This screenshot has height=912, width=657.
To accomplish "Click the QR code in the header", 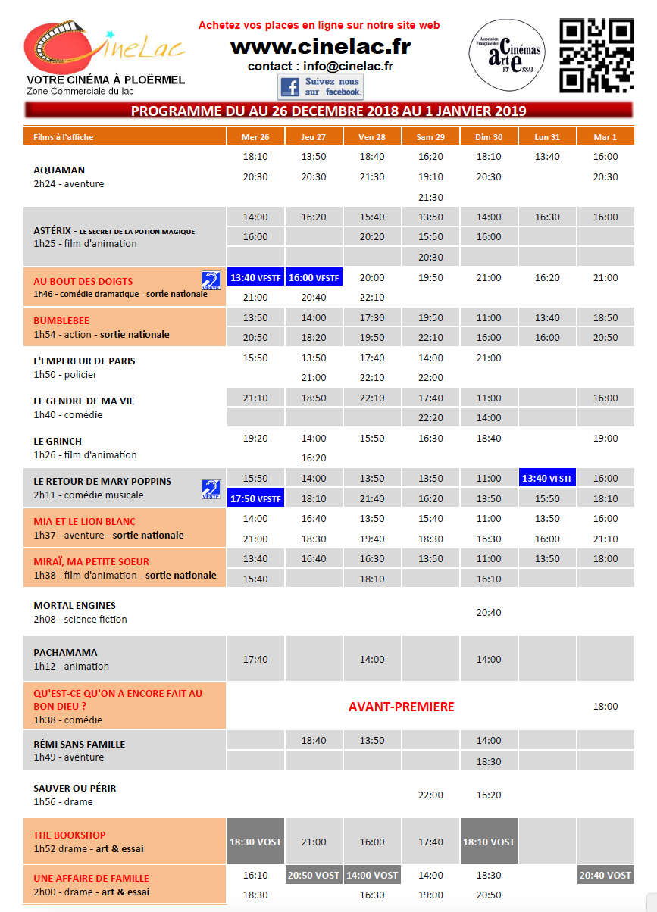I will tap(596, 55).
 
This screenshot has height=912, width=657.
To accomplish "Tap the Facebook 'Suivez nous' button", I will tap(321, 86).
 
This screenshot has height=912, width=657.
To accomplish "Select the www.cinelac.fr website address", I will tap(320, 47).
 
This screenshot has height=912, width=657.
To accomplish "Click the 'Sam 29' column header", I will tap(430, 137).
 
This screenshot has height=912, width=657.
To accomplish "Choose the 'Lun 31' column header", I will tap(547, 137).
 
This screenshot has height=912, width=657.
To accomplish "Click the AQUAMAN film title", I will tap(59, 170).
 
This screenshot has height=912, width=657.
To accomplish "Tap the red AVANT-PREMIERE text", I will tap(401, 707).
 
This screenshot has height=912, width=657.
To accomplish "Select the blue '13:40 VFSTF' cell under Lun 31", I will tap(547, 479).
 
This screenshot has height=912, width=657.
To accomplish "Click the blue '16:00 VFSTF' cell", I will tap(314, 278).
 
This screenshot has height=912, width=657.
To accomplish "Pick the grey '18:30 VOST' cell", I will tap(255, 842).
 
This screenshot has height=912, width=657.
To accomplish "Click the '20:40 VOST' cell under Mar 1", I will tap(605, 875).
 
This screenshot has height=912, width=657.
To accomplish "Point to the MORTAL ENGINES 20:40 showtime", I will tap(489, 613).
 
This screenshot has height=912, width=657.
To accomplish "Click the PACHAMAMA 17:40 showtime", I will tap(255, 660).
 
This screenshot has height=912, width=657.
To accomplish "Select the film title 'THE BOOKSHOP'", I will tap(70, 835).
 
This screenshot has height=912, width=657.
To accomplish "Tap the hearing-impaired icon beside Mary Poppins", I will tap(211, 489).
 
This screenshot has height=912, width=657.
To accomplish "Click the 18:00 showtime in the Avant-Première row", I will tap(605, 707).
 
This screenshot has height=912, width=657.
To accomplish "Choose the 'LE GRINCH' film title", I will tap(58, 442).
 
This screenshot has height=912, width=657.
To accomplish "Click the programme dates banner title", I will tap(328, 111).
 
